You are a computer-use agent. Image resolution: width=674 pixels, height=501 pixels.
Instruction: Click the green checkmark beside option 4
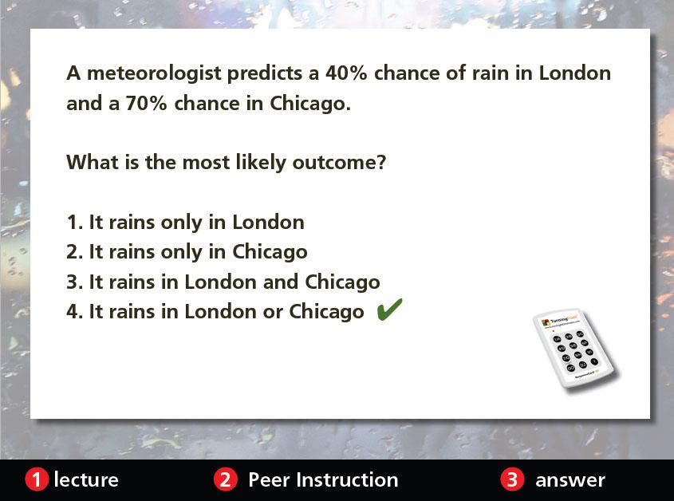click(x=389, y=310)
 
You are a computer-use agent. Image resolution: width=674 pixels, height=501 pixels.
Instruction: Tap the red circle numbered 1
click(x=37, y=479)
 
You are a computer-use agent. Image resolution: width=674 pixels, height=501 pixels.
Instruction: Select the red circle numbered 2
click(x=226, y=479)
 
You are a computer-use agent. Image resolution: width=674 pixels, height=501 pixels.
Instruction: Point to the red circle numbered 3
click(x=512, y=479)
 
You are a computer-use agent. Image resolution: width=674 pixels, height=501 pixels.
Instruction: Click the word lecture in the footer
click(x=86, y=479)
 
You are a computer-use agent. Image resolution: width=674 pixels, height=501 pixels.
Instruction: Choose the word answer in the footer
click(x=570, y=481)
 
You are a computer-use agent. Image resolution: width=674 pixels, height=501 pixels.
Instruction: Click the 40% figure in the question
click(x=346, y=73)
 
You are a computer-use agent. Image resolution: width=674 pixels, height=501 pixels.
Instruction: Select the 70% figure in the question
click(x=146, y=103)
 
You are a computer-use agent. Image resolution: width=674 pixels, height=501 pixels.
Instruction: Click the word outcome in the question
click(x=339, y=163)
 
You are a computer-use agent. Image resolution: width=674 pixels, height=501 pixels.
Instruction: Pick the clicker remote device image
click(x=575, y=349)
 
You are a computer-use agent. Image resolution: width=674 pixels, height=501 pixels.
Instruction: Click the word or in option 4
click(x=273, y=313)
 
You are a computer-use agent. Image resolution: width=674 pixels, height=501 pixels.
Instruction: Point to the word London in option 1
click(x=268, y=223)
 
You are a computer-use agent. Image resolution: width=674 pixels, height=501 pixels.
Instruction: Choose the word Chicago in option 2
click(x=270, y=253)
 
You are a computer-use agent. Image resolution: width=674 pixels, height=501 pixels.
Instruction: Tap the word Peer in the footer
click(x=269, y=480)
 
